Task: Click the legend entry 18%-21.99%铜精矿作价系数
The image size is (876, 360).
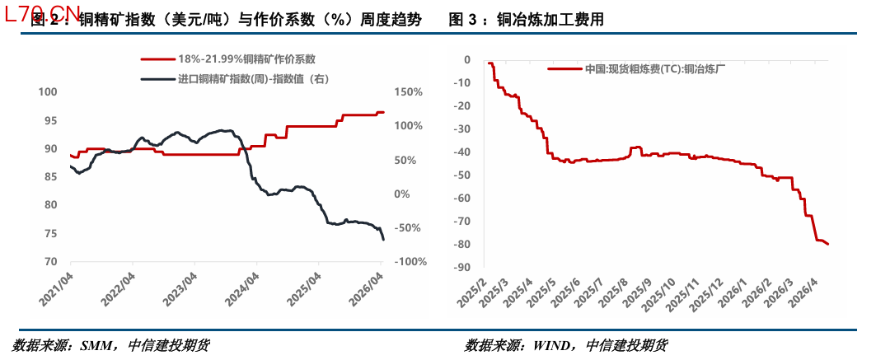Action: [x=246, y=60]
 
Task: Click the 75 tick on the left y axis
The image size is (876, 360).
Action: [x=51, y=234]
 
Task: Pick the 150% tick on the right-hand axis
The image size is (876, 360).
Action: [x=409, y=92]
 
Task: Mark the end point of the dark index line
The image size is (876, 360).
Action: [x=383, y=239]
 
